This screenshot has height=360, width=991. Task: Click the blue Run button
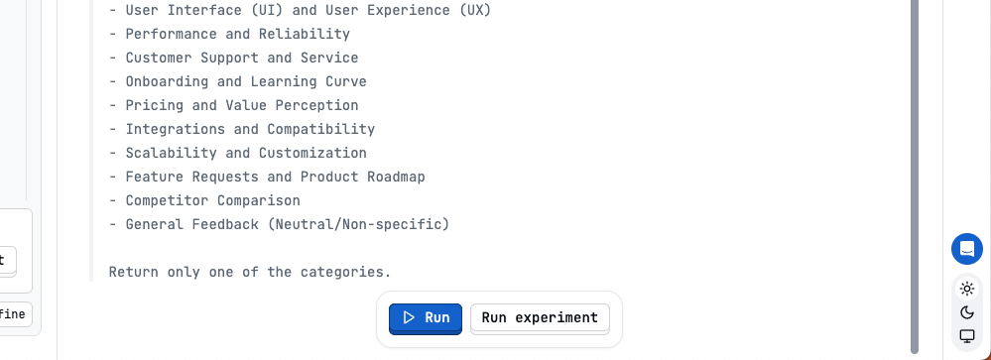pos(425,318)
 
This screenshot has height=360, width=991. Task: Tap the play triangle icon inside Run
pos(409,318)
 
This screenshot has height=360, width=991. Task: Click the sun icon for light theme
pos(967,289)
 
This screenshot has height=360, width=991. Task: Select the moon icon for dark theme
pos(967,312)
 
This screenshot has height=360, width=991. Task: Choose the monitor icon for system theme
pos(967,336)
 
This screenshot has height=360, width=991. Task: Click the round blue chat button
pos(967,249)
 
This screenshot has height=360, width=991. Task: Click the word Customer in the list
pos(159,58)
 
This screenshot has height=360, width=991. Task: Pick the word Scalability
pos(172,153)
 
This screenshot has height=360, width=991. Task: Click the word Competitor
pos(167,200)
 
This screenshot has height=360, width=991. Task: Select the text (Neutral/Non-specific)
pos(358,224)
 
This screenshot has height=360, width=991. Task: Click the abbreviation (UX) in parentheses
pos(470,10)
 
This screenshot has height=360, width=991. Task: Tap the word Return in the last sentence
pos(134,272)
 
